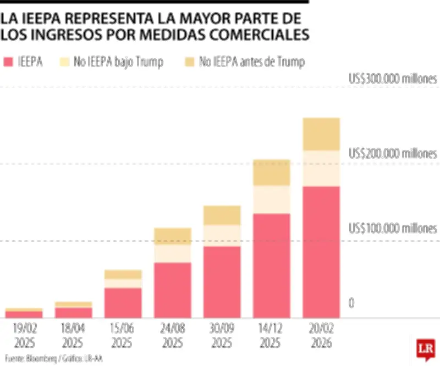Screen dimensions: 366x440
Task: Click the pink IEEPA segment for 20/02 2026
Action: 321,252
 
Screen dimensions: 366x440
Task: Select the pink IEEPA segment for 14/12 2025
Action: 272,265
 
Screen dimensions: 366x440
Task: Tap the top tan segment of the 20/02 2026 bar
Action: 321,134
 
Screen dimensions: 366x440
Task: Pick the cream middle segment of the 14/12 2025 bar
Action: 272,199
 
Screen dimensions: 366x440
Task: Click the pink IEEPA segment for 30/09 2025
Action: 222,282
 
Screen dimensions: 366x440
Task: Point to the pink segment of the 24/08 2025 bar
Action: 173,290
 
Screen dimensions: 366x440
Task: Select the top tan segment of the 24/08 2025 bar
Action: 173,236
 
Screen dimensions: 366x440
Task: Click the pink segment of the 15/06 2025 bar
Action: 123,303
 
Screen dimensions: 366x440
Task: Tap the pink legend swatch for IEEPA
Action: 8,62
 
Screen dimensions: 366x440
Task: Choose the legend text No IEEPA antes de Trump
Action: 252,62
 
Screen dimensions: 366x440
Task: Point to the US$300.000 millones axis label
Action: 393,79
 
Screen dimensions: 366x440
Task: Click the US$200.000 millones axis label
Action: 393,153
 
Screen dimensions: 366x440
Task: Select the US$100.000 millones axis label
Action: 393,228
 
